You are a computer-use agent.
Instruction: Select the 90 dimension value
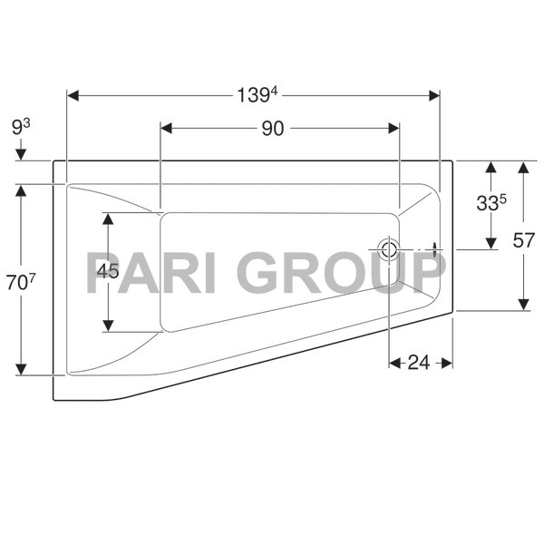pyautogui.click(x=273, y=129)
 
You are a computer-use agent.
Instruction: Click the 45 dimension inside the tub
pyautogui.click(x=108, y=271)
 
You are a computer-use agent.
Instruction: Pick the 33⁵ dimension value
pyautogui.click(x=491, y=204)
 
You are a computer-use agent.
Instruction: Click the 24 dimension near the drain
pyautogui.click(x=418, y=363)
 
